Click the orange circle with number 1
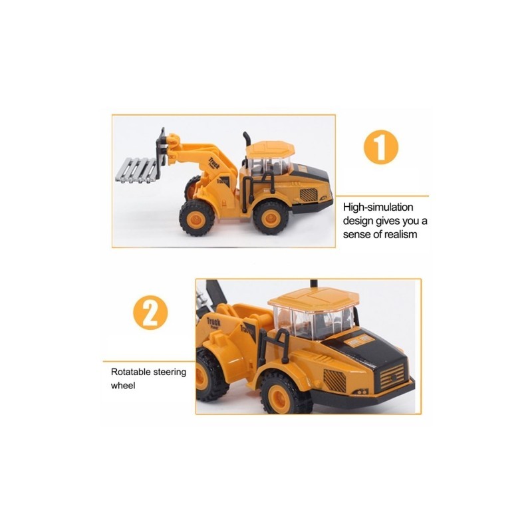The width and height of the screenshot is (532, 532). pyautogui.click(x=380, y=147)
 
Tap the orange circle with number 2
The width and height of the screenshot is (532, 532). pyautogui.click(x=150, y=313)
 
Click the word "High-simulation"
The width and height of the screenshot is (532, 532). pyautogui.click(x=378, y=207)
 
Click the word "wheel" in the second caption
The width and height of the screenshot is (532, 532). pyautogui.click(x=123, y=386)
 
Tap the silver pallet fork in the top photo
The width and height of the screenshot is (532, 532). pyautogui.click(x=136, y=170)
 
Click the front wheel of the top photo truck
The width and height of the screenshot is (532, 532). pyautogui.click(x=196, y=218)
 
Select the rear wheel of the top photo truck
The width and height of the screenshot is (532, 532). pyautogui.click(x=271, y=217)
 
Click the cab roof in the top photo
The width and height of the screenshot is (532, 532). pyautogui.click(x=270, y=148)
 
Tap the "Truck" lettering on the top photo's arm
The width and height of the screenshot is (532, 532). pyautogui.click(x=214, y=163)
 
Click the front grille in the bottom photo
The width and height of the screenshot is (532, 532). pyautogui.click(x=392, y=376)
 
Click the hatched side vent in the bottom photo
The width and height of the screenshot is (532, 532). pyautogui.click(x=334, y=380)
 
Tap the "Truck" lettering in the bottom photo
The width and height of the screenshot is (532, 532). pyautogui.click(x=213, y=322)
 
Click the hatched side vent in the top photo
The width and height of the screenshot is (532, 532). pyautogui.click(x=309, y=195)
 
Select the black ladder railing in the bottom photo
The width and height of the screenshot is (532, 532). pyautogui.click(x=273, y=347)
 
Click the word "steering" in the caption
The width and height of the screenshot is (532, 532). pyautogui.click(x=170, y=372)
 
